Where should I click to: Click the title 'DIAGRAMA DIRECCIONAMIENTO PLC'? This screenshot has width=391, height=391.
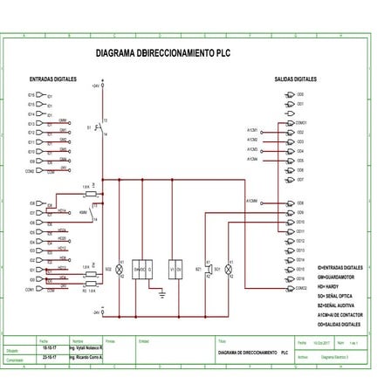(x=166, y=52)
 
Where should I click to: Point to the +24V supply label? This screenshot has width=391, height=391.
(x=95, y=86)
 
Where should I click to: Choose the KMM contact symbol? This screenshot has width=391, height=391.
(x=94, y=212)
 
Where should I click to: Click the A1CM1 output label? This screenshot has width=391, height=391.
(x=251, y=130)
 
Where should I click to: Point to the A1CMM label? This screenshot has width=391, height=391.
(x=251, y=201)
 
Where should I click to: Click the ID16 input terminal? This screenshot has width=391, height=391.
(x=31, y=94)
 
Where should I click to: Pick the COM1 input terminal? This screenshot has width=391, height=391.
(x=30, y=289)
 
